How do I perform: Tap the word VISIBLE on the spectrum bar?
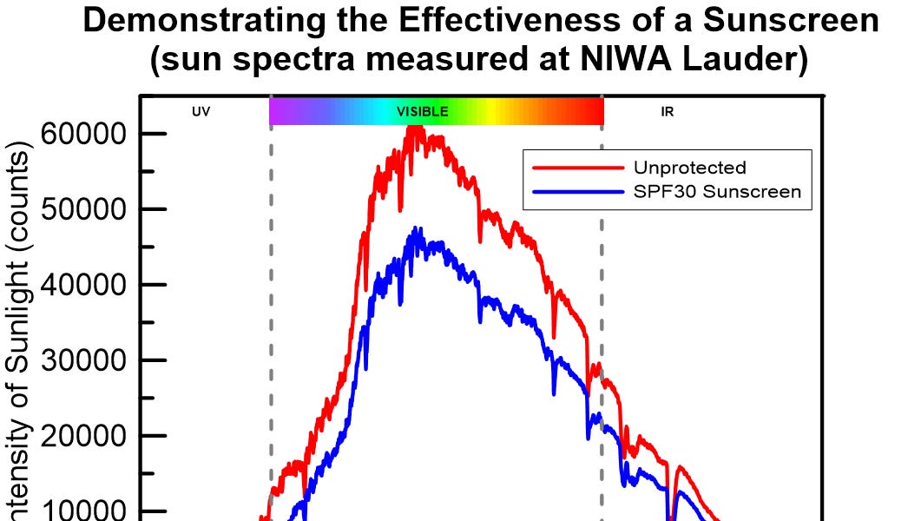point(423,112)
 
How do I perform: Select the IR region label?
point(668,112)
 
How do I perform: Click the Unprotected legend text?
point(689,168)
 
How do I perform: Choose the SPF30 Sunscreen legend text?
point(717,192)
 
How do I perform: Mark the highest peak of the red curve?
point(415,127)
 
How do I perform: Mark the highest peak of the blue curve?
point(418,229)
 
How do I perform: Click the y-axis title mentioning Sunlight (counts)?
point(21,330)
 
